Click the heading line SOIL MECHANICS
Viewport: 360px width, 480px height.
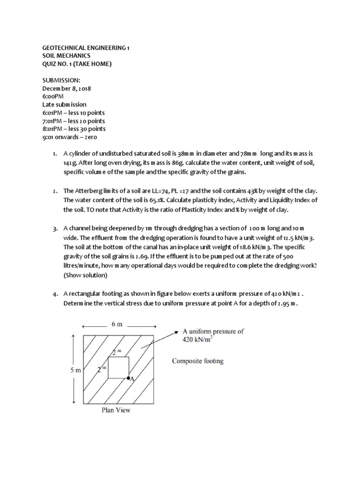pyautogui.click(x=67, y=56)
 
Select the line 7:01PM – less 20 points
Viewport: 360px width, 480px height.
pyautogui.click(x=74, y=120)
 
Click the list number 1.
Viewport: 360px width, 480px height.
pyautogui.click(x=54, y=153)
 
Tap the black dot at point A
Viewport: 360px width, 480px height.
pyautogui.click(x=128, y=377)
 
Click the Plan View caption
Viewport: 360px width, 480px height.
pyautogui.click(x=116, y=410)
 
